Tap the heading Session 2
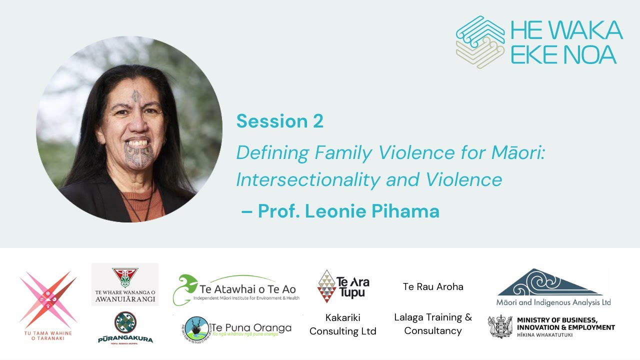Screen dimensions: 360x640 coord(280,121)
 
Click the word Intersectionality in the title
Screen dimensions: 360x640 coord(297,179)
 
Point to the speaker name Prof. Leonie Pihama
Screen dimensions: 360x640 coord(348,211)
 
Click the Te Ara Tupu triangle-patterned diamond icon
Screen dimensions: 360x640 coord(327,286)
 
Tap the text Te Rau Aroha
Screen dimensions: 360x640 coord(433,286)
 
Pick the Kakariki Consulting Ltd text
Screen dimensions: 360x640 coord(343,324)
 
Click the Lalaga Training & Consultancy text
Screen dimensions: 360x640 coord(433,324)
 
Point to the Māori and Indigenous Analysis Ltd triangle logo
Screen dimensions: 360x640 coord(550,283)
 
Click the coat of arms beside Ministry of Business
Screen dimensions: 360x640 coord(500,326)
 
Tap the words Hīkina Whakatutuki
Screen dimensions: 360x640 coord(544,334)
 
